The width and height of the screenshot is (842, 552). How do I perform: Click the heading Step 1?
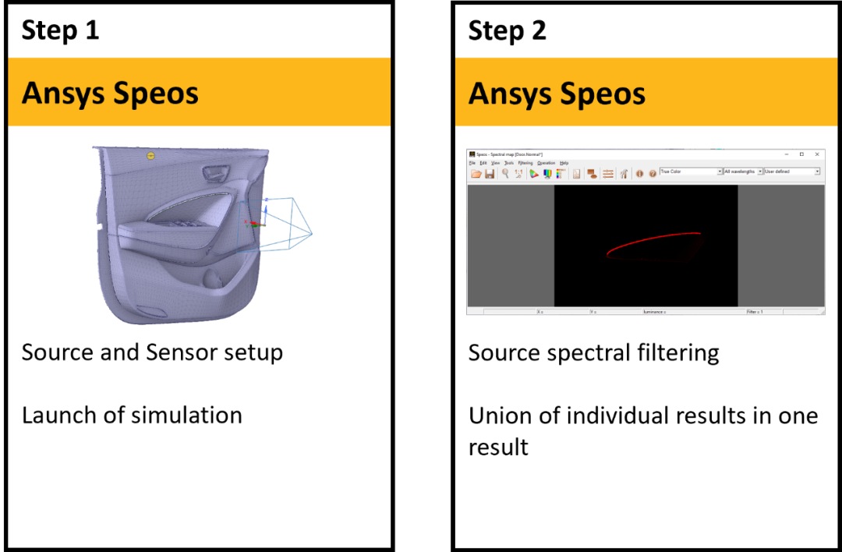(x=60, y=30)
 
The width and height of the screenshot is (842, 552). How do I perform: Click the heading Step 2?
(x=507, y=30)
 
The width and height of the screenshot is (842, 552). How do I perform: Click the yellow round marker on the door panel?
(x=150, y=156)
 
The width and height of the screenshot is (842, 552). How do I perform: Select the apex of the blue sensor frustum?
(x=311, y=233)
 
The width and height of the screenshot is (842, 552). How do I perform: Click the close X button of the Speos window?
(x=816, y=154)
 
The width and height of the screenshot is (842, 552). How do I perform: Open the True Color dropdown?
(x=692, y=172)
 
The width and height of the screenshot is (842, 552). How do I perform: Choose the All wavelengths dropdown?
(x=742, y=172)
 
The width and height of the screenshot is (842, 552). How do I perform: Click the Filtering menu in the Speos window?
(x=525, y=163)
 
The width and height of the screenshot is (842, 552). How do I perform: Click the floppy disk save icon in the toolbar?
(x=490, y=173)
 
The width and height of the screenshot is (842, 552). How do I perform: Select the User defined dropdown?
(x=791, y=172)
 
